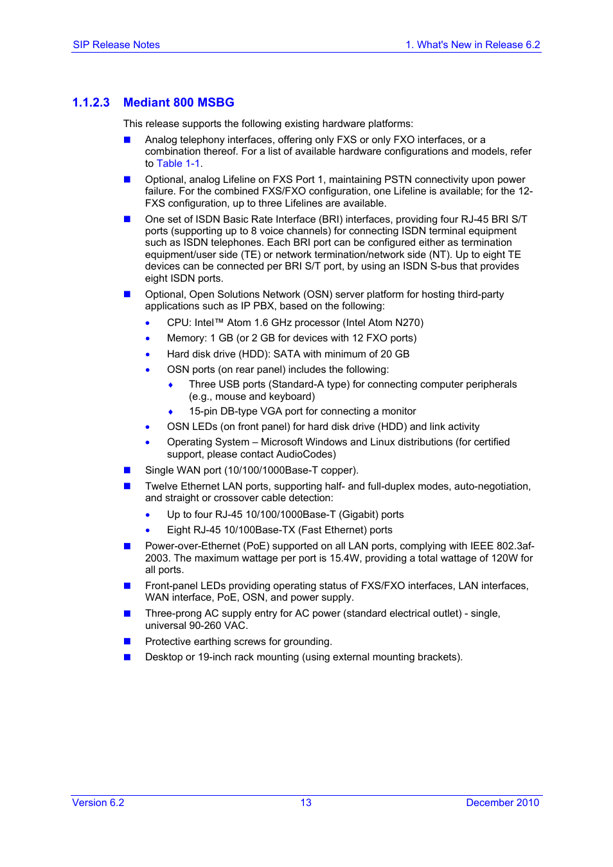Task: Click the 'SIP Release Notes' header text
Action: [x=116, y=45]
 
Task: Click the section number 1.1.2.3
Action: [x=91, y=103]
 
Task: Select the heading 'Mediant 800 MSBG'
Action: [x=179, y=103]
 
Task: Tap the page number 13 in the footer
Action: [x=306, y=803]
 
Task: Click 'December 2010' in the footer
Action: [x=502, y=803]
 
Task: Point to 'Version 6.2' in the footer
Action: [x=98, y=803]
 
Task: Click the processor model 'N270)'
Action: [x=409, y=323]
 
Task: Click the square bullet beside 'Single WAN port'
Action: [x=127, y=470]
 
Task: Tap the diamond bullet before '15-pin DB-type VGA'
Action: [x=170, y=412]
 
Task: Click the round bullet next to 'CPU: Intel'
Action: [x=148, y=323]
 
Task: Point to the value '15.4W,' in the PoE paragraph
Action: [x=346, y=558]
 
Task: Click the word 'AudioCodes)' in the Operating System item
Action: [x=306, y=454]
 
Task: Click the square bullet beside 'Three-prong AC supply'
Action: [x=127, y=614]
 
